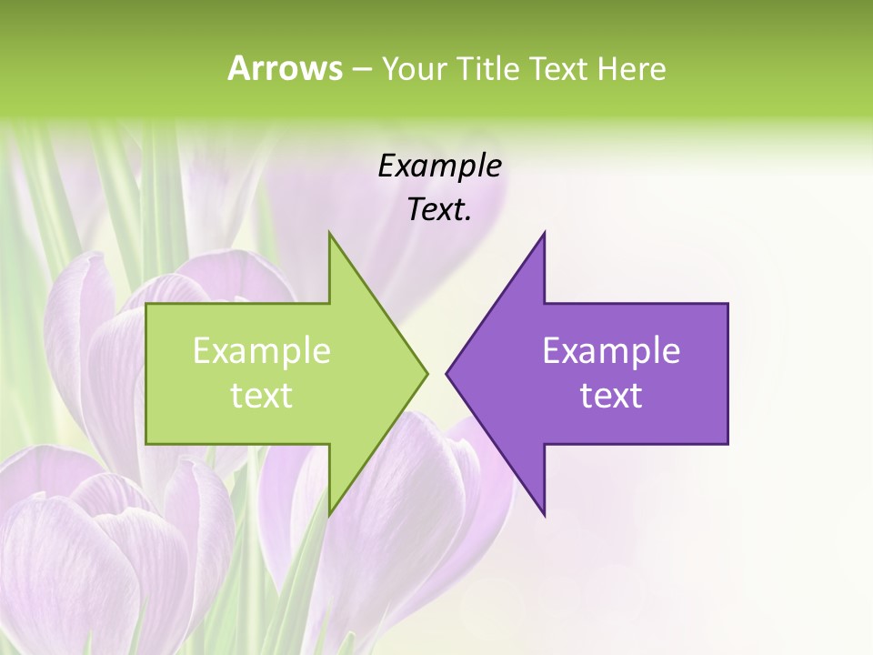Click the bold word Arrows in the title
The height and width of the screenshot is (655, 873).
tap(285, 69)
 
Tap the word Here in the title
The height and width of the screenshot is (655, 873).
tap(631, 69)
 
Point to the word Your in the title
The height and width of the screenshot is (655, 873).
tap(411, 69)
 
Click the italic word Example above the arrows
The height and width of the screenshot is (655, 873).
tap(439, 166)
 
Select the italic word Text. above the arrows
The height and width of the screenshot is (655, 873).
tap(439, 210)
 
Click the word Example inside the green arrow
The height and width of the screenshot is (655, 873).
tap(262, 351)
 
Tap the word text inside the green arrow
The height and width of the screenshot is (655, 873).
tap(262, 396)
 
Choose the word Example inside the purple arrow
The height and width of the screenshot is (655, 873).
tap(611, 351)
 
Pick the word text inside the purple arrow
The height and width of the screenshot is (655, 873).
tap(611, 396)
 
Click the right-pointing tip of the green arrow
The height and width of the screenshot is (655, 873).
tap(426, 373)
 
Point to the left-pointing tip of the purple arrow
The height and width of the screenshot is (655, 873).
tap(447, 373)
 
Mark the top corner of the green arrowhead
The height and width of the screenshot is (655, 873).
tap(329, 232)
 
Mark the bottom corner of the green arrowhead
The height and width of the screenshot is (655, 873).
tap(329, 515)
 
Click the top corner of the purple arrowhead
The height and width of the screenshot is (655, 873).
tap(544, 232)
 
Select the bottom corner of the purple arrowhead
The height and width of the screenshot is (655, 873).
tap(544, 515)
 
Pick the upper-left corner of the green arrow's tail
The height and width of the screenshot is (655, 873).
tap(146, 304)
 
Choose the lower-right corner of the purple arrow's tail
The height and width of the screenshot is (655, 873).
tap(727, 443)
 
